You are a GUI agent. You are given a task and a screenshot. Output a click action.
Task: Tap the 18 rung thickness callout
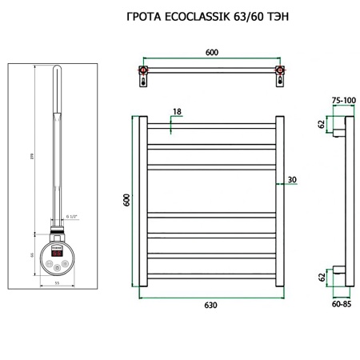[x=176, y=112]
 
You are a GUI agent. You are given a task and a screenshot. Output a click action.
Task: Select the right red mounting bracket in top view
[x=280, y=78]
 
